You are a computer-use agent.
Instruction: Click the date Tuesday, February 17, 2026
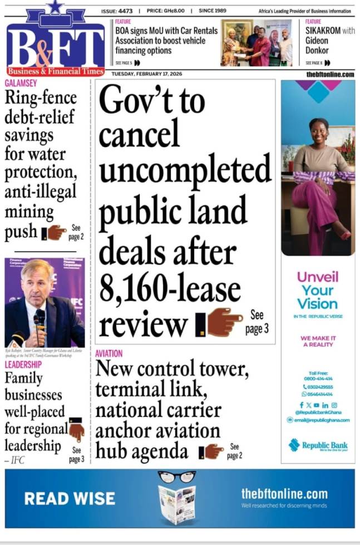146,73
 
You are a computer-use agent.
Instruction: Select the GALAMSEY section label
21,83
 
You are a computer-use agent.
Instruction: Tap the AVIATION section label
109,353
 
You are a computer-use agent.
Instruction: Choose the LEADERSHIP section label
23,365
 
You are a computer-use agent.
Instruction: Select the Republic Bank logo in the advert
318,445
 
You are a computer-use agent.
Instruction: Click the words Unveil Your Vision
317,290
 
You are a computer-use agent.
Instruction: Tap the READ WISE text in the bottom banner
70,498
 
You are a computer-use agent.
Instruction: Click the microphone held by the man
40,318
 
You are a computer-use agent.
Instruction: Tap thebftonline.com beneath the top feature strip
330,74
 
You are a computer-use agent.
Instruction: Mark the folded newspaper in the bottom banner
176,503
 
